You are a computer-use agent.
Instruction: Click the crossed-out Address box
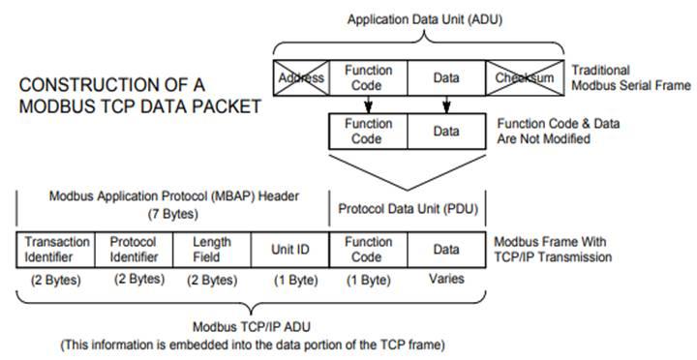coord(301,76)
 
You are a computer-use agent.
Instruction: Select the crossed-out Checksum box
coord(523,76)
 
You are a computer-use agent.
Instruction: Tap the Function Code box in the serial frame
coord(368,76)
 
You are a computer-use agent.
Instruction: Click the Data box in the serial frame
coord(445,76)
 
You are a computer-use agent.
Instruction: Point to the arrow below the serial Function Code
coord(368,104)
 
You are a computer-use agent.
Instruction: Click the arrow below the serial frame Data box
coord(446,104)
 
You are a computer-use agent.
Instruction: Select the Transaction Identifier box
coord(56,250)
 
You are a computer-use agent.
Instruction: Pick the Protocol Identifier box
coord(134,250)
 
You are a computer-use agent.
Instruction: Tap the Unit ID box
coord(290,250)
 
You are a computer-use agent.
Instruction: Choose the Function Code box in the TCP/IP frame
coord(368,250)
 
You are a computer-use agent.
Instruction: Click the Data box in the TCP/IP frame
coord(446,250)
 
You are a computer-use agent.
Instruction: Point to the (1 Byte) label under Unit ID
coord(290,281)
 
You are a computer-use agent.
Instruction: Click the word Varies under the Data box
coord(446,281)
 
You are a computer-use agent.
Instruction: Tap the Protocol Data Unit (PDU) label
coord(408,209)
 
